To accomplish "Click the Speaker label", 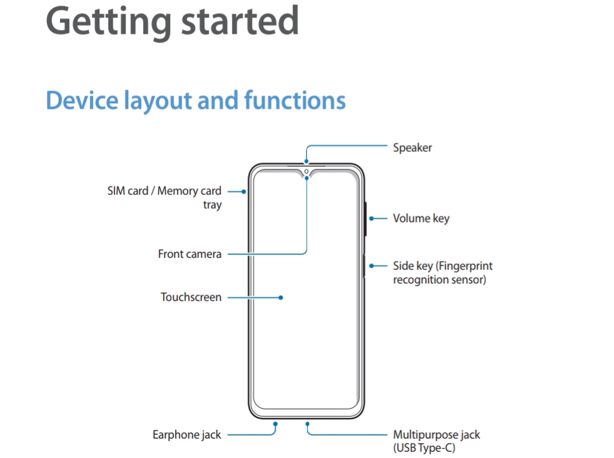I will (412, 148).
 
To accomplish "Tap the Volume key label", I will (421, 219).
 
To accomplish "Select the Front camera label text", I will (189, 254).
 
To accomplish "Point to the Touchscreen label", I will (191, 297).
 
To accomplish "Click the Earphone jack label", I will (186, 434).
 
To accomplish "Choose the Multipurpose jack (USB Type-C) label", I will (436, 441).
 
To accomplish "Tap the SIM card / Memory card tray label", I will (164, 197).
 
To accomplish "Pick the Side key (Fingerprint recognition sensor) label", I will (442, 273).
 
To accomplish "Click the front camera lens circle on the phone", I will (306, 171).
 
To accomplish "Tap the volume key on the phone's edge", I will (365, 219).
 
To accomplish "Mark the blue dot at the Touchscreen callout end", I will (281, 297).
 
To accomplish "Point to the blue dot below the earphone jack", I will (275, 423).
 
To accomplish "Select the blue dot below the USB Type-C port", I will (307, 423).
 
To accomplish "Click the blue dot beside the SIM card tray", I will (243, 191).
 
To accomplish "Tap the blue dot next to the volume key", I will (371, 219).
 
